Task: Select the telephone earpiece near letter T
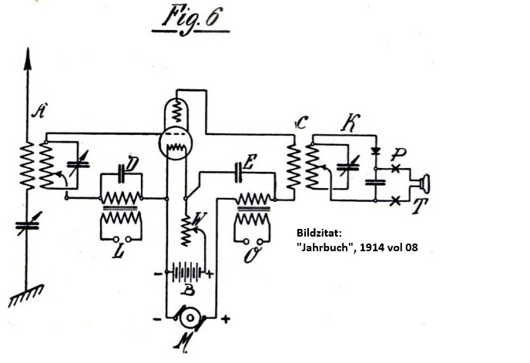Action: [x=422, y=184]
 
